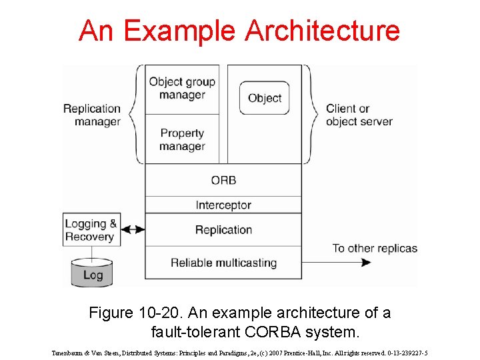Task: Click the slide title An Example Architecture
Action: (239, 31)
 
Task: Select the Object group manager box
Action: (182, 89)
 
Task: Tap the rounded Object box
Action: (265, 98)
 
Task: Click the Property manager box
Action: (182, 139)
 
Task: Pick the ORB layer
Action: (223, 180)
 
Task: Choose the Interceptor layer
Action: (223, 205)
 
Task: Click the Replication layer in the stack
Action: (223, 230)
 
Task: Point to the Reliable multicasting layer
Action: (223, 263)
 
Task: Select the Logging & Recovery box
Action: (91, 230)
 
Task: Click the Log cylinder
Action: (93, 273)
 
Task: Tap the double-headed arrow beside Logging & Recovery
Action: (133, 230)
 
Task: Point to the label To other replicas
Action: (375, 248)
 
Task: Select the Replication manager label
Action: (92, 115)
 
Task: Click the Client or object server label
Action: (359, 115)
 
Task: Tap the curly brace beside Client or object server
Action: (312, 114)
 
